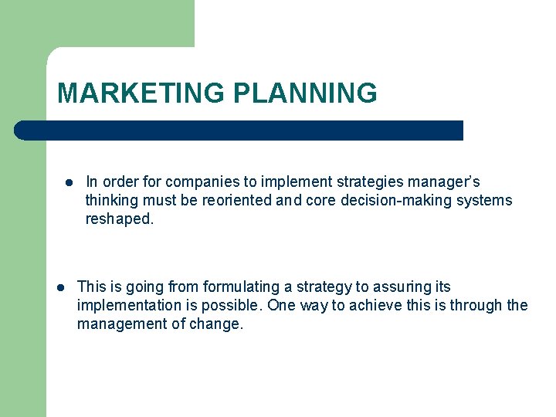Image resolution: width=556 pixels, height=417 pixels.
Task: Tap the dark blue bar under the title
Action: (x=239, y=130)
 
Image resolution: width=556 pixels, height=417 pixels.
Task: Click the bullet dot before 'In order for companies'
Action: (x=69, y=183)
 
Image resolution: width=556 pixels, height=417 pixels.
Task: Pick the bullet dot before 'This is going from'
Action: (x=61, y=287)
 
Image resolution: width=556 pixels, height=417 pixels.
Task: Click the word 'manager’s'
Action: (x=446, y=182)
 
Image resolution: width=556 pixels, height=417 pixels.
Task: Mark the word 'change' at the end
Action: (x=216, y=324)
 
